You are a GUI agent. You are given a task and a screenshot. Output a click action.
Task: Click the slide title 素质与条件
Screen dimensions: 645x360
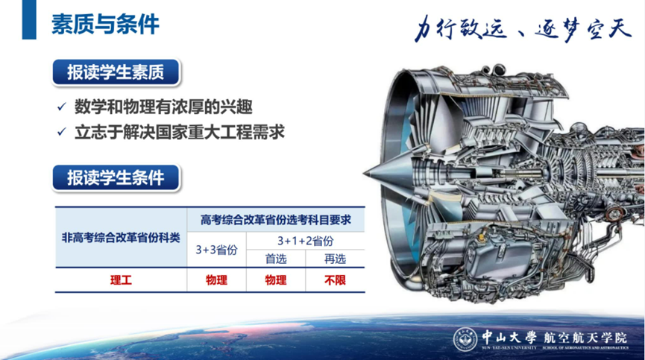(105, 25)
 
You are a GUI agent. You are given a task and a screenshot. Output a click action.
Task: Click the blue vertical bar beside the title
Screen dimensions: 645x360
(29, 19)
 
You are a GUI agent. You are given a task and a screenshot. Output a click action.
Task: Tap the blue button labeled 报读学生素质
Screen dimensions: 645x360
(116, 72)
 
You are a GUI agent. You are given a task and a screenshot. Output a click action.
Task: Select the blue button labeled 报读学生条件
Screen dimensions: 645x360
(116, 178)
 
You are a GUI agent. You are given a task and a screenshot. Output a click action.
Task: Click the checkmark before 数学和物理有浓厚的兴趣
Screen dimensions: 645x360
(62, 107)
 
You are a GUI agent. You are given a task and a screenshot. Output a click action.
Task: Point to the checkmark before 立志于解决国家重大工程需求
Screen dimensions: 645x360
(62, 132)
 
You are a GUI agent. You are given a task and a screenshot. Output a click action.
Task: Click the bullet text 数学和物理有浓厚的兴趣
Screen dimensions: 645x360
(163, 107)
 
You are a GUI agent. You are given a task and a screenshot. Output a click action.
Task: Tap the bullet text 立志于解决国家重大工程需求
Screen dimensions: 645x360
(180, 133)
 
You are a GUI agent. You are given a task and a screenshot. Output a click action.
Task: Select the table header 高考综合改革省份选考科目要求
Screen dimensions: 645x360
(276, 220)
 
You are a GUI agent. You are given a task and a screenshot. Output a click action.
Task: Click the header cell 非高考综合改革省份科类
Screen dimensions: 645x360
(121, 238)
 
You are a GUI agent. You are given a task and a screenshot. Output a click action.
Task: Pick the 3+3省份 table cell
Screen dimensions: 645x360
(216, 250)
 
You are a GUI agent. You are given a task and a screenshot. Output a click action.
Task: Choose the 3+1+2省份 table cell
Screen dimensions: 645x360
(305, 241)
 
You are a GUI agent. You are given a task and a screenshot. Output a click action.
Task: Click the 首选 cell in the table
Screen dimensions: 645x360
(276, 259)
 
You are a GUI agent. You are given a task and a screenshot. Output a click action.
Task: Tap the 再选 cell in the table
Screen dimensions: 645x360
(335, 259)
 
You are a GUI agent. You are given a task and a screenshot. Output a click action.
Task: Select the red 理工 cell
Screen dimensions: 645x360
(121, 280)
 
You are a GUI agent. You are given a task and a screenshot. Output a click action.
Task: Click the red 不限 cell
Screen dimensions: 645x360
(335, 280)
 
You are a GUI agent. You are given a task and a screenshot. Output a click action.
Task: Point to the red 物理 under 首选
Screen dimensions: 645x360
(276, 280)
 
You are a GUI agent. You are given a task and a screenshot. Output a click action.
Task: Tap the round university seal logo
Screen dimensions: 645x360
(465, 339)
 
